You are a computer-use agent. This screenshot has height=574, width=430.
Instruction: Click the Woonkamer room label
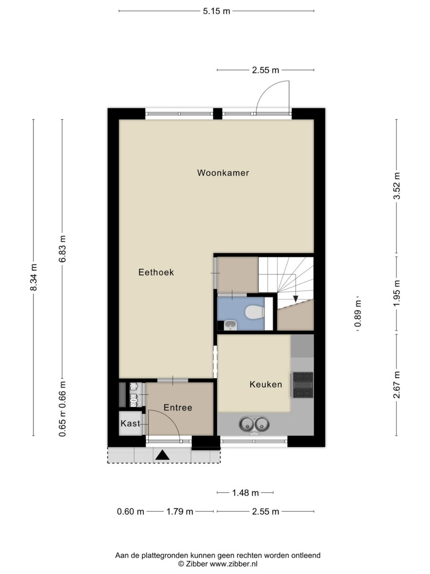coord(223,173)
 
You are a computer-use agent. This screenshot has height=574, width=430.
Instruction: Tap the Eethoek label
coord(156,272)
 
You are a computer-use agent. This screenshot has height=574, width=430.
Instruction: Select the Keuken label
coord(266,384)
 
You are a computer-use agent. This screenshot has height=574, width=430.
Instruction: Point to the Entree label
coord(178,408)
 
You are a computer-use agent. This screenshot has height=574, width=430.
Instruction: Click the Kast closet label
coord(130,423)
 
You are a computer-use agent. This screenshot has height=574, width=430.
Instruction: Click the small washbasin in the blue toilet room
coord(231,325)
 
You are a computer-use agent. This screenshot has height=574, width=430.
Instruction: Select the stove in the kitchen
coord(303,385)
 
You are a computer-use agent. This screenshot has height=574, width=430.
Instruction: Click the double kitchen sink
coord(254,424)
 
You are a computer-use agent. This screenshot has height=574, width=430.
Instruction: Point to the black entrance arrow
coord(162,455)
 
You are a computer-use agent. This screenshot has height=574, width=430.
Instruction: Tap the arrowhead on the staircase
coord(296,298)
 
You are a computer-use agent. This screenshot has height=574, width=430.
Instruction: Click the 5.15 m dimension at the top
coord(216,11)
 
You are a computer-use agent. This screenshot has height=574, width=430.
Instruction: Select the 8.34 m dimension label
coord(33,277)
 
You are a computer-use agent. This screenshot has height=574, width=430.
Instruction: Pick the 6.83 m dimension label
coord(63,249)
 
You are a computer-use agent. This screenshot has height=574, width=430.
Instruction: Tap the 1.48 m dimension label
coord(246,493)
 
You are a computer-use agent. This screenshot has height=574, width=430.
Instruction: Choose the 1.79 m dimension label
coord(180,511)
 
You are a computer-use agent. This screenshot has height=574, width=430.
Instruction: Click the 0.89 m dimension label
coord(358,313)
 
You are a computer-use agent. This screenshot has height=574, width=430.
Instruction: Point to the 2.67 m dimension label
coord(397,385)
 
